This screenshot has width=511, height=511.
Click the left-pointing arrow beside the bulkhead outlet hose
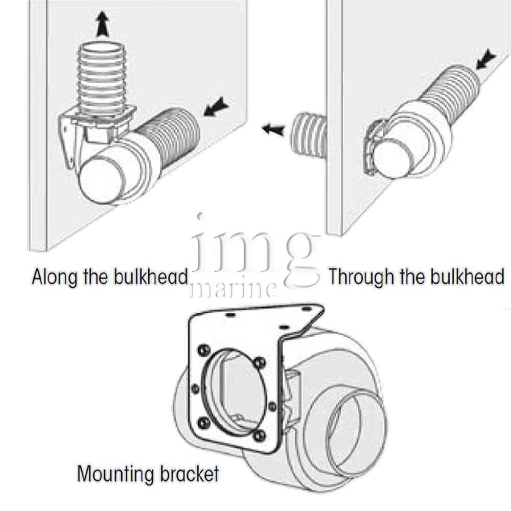point(273,129)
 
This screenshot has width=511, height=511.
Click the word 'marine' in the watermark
point(234,289)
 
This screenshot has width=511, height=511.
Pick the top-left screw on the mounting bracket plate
point(203,351)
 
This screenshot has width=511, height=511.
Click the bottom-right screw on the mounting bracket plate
point(259,436)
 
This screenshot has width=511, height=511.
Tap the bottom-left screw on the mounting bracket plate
point(203,423)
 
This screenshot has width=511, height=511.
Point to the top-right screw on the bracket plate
point(260,362)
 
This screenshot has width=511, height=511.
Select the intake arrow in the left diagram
point(216,107)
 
